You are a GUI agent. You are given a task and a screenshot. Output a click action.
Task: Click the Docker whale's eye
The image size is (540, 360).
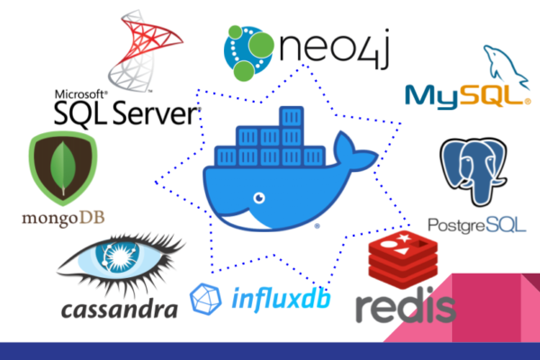[259, 198]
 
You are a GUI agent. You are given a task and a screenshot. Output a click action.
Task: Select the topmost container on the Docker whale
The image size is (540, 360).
[292, 117]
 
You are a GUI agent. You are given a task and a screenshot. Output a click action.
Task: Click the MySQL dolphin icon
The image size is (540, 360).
[506, 66]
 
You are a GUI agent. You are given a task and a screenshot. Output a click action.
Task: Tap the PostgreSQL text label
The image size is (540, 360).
[477, 225]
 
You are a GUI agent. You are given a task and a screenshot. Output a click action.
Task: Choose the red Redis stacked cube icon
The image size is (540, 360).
[403, 259]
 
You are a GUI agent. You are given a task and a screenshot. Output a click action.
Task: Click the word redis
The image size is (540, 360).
[406, 308]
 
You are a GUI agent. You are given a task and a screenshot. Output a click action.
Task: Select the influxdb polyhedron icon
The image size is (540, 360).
[205, 299]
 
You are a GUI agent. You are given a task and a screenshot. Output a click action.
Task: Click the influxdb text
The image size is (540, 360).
[281, 299]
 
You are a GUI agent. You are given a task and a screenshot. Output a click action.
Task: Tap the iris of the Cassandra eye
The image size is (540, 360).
[118, 256]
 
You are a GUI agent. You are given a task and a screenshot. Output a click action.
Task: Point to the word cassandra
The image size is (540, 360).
[120, 310]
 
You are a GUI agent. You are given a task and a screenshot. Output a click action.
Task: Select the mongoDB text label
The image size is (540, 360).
[63, 218]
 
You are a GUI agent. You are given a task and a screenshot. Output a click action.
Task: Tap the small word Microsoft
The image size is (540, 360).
[81, 94]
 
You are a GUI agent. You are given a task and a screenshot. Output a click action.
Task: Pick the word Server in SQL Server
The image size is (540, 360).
[156, 113]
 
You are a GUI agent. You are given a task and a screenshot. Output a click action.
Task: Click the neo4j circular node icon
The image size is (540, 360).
[248, 52]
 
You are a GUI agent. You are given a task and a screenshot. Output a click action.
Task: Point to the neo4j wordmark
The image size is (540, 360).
[334, 49]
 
